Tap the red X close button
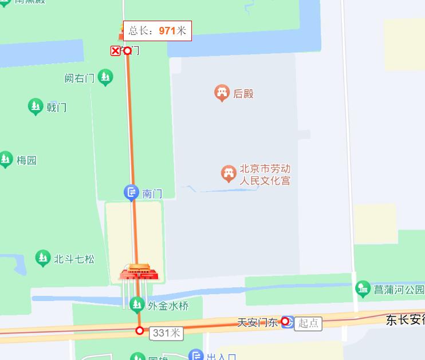[116, 51]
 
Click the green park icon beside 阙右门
[105, 77]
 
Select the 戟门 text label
[56, 107]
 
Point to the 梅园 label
[26, 160]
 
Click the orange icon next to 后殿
[222, 93]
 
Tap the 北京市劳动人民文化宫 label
[265, 175]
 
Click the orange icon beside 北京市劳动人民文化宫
[228, 173]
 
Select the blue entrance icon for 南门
[132, 193]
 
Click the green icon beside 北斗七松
[43, 258]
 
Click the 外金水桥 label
[168, 306]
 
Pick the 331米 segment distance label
[166, 333]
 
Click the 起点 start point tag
[308, 323]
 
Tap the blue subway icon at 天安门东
[288, 322]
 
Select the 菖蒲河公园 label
[399, 290]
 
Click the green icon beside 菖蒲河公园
[363, 288]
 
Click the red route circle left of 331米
[140, 330]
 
